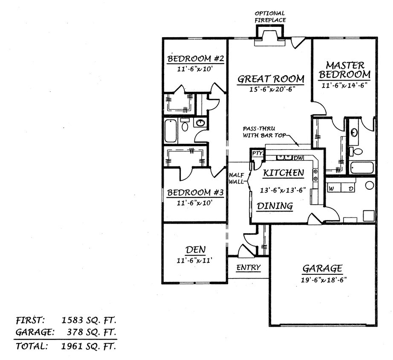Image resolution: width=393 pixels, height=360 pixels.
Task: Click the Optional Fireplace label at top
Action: (x=269, y=17)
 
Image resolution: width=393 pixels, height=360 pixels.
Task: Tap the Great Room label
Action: (x=271, y=79)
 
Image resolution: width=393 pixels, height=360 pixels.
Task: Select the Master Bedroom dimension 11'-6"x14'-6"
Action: (x=345, y=85)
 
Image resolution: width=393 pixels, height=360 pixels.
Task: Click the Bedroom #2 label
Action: (x=193, y=58)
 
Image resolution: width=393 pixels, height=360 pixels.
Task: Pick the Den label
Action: (x=196, y=250)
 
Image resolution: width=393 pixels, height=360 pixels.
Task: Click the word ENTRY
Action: (x=249, y=267)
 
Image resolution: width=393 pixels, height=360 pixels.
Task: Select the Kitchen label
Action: (x=283, y=173)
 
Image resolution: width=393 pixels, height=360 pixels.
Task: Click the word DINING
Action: (x=275, y=206)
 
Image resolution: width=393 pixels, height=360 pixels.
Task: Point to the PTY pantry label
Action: (x=257, y=154)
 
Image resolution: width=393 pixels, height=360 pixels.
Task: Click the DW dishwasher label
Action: (x=298, y=158)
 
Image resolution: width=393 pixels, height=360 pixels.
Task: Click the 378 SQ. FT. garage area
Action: (x=92, y=332)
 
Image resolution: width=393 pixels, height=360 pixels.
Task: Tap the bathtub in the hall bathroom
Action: (x=170, y=131)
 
